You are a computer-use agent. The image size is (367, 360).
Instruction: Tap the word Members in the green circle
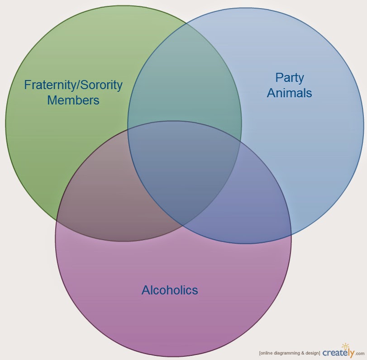point(73,100)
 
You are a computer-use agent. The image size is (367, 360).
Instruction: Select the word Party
point(290,78)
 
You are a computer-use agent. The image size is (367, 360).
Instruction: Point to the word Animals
point(290,93)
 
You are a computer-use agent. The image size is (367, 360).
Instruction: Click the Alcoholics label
point(170,290)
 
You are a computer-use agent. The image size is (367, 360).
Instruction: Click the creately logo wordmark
point(338,352)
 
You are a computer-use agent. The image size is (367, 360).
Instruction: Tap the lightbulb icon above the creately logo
point(345,346)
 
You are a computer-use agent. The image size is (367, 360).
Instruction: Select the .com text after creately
point(360,354)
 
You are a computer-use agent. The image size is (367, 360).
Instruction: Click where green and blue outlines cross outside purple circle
point(186,23)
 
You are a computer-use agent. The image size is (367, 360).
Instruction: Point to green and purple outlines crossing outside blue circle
point(57,220)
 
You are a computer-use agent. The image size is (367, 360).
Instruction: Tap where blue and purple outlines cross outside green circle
point(291,235)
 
